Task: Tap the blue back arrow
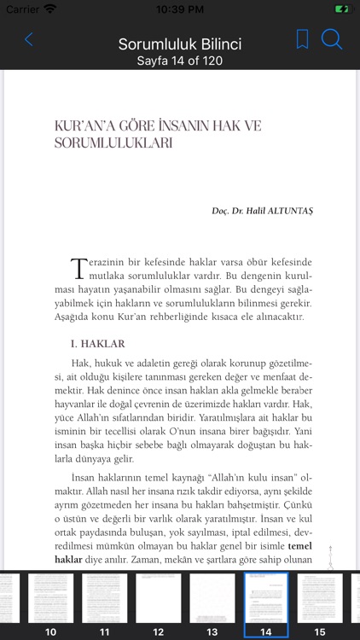point(29,39)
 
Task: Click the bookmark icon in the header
point(302,39)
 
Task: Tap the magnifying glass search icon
point(332,39)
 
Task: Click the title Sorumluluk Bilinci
point(180,44)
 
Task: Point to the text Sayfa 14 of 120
point(180,61)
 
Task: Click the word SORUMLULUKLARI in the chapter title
point(113,144)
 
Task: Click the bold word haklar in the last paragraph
point(68,560)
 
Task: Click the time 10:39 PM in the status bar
point(179,9)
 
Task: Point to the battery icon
point(341,9)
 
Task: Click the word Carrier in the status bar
point(22,9)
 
